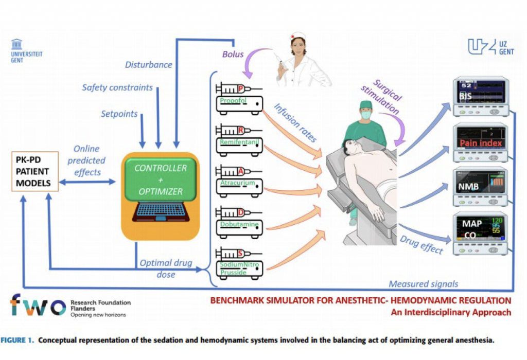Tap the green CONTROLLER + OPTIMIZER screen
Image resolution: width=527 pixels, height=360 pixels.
(x=161, y=179)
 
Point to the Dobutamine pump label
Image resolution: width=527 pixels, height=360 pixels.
(x=237, y=224)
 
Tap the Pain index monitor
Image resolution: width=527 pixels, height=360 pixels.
(x=480, y=142)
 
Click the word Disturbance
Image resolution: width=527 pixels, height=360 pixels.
(x=149, y=65)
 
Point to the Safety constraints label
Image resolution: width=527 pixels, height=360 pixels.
(x=117, y=87)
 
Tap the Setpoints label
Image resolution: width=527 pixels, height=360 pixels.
(x=119, y=114)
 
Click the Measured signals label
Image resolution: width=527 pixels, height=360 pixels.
(x=423, y=284)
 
